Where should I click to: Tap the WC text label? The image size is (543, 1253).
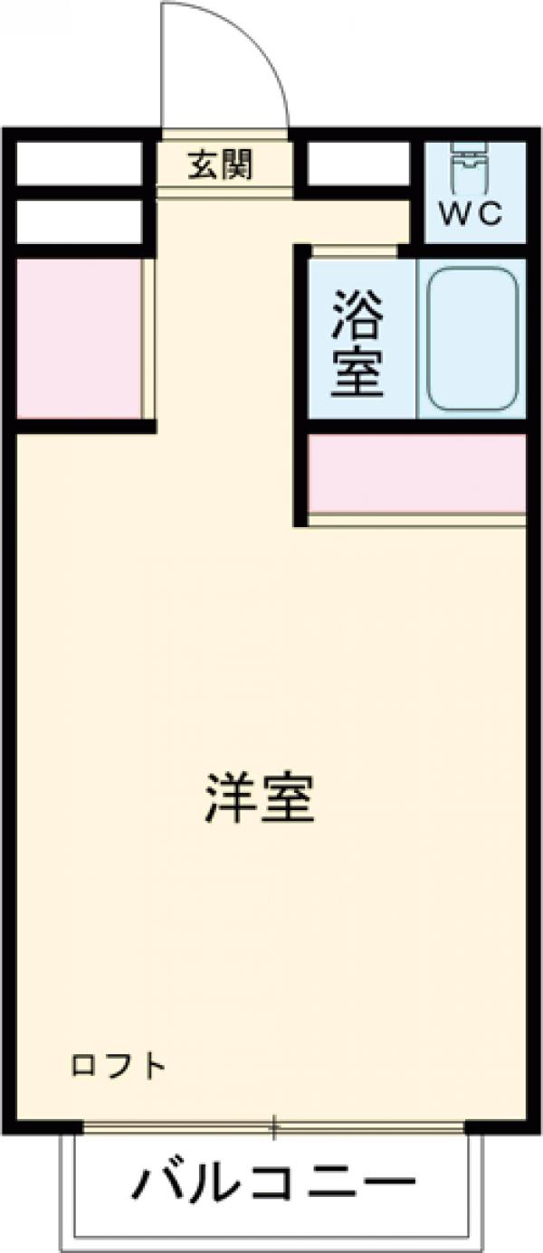[472, 214]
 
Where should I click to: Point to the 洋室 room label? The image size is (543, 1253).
[259, 796]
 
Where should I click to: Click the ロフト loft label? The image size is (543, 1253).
[119, 1066]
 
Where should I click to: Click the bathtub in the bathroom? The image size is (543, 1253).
[472, 338]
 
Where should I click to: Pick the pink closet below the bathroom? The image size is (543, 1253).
[416, 474]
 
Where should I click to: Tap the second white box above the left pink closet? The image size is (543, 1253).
[80, 221]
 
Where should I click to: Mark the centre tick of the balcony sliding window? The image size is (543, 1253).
[273, 1126]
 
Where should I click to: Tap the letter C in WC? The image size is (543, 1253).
[489, 214]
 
